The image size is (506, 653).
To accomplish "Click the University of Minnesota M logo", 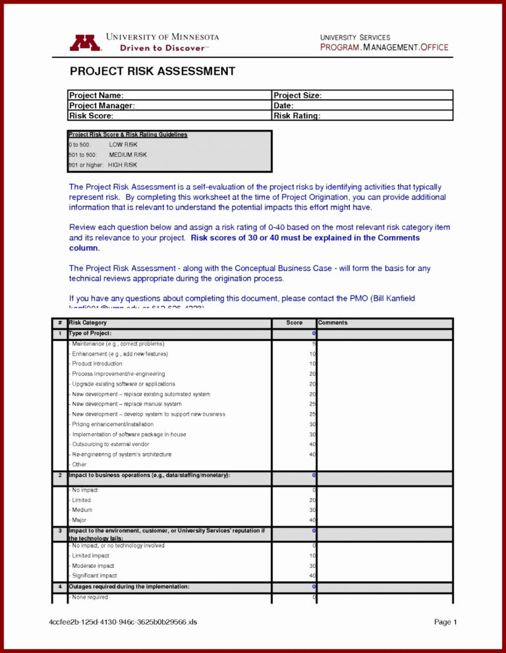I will point(85,42).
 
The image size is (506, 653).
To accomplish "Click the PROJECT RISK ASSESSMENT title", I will point(152,71).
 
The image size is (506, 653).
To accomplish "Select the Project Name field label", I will point(96,96).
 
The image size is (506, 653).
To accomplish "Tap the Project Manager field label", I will point(102,106).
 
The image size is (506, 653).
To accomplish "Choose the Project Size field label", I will point(297,96).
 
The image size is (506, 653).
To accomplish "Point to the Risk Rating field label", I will point(297,116).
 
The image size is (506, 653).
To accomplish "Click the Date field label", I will point(283,106).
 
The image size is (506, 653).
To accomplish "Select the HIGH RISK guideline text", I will point(123,165).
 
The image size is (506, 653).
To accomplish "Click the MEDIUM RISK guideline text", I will point(128,154).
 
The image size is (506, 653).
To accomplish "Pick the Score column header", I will point(295,323).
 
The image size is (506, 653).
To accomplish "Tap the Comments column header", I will point(333,323).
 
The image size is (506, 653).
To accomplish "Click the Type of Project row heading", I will point(90,334).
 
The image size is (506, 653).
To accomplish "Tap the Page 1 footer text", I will point(445,622).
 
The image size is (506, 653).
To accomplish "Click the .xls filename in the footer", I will point(123,622).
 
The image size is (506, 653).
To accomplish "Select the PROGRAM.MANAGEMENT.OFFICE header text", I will point(384,47).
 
